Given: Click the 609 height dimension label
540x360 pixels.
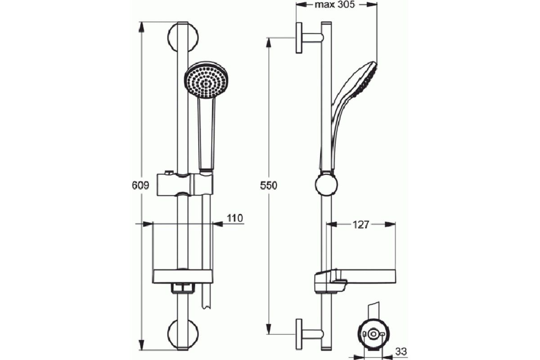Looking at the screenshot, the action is point(140,185).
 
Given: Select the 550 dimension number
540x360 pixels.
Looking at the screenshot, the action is point(269,185).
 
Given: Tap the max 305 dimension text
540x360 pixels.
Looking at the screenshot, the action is point(335,4).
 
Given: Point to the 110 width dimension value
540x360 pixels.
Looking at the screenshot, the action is point(235,218).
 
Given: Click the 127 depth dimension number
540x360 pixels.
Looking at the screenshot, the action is point(360,225).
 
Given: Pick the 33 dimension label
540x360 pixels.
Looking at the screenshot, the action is point(401,351).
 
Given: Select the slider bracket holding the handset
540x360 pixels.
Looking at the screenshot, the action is point(185,184).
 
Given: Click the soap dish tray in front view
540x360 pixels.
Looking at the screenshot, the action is point(183,277).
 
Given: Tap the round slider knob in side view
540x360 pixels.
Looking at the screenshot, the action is point(326,184).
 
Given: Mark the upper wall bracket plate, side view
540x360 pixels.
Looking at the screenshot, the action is point(299,38).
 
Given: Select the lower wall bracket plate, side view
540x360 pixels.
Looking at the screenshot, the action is point(299,334).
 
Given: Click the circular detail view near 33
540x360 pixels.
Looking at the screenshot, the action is point(373,334).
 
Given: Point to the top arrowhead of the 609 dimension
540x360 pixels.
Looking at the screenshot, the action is point(141,27).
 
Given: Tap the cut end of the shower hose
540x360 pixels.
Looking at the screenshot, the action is point(206,307).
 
